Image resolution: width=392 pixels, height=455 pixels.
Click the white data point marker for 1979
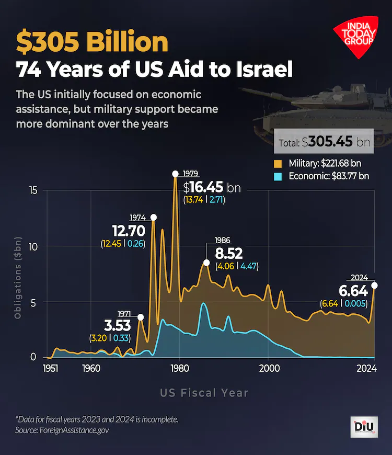(176, 174)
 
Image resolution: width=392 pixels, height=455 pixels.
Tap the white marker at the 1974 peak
(154, 217)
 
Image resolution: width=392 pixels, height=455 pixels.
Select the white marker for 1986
(206, 263)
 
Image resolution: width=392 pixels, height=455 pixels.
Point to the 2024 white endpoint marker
(374, 285)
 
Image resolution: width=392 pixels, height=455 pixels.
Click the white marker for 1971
(140, 317)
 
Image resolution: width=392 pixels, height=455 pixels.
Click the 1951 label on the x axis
(51, 369)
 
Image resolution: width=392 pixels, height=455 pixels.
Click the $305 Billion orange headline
(92, 42)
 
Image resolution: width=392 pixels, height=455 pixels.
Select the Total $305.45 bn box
(325, 141)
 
